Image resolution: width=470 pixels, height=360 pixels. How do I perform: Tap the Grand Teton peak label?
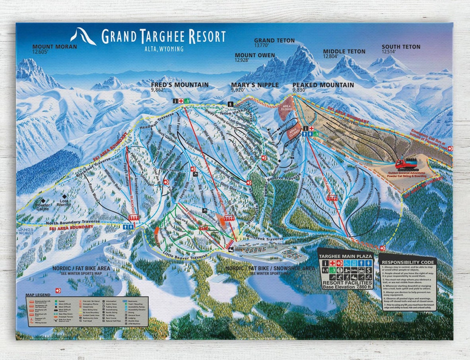(x=274, y=41)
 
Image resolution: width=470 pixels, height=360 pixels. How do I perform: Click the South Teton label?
(x=401, y=47)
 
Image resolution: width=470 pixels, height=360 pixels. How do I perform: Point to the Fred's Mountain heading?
(x=179, y=85)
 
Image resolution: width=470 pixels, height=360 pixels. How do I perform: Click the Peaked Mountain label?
(x=323, y=85)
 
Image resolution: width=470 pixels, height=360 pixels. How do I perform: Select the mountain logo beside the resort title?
(x=83, y=36)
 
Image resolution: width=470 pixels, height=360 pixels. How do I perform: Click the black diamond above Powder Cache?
(x=43, y=201)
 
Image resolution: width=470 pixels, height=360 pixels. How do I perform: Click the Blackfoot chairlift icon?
(x=134, y=218)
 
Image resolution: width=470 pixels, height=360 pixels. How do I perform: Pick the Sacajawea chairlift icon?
(x=332, y=196)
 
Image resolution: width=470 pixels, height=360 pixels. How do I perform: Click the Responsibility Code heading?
(x=407, y=262)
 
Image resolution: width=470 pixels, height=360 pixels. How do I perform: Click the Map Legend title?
(x=38, y=295)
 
